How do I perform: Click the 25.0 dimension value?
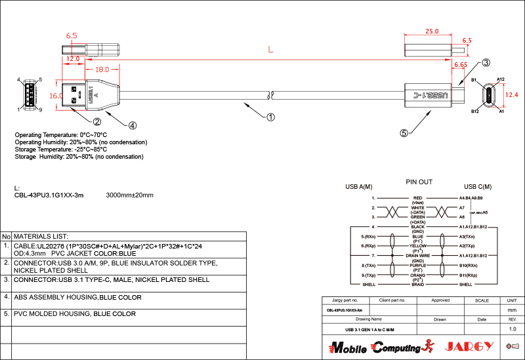(x=432, y=31)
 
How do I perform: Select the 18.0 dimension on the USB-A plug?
(x=102, y=69)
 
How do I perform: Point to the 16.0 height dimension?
(x=56, y=95)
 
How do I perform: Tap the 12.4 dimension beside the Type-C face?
(x=512, y=95)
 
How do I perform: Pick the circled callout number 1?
(x=270, y=118)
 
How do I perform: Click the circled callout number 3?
(x=486, y=63)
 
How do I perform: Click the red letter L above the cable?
(x=271, y=50)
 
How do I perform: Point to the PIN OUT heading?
(x=419, y=181)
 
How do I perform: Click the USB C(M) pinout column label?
(x=478, y=187)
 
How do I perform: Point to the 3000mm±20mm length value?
(x=129, y=195)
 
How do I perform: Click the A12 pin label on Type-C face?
(x=500, y=79)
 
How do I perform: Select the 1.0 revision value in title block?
(x=513, y=329)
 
